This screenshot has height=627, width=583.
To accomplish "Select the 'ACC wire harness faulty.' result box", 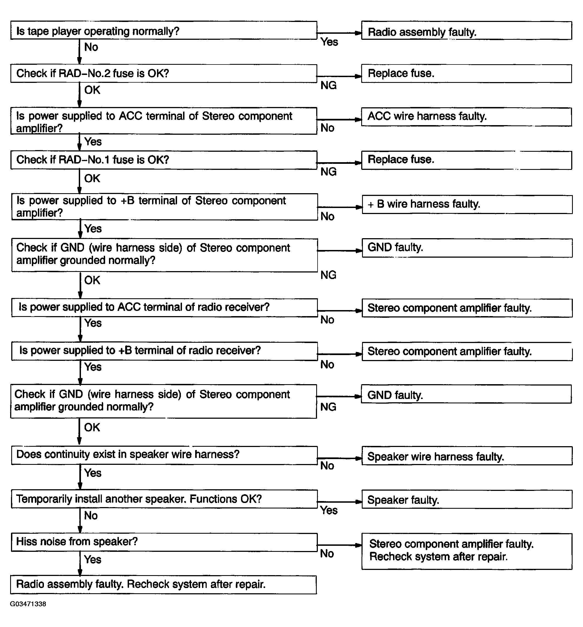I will (466, 117).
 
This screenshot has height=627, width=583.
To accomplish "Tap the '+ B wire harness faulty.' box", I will (467, 204).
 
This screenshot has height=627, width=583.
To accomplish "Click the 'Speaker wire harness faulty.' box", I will (467, 456).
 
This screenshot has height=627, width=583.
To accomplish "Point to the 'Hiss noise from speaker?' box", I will (164, 542).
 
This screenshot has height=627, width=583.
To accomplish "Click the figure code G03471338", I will (28, 604).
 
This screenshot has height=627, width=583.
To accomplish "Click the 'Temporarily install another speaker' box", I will (164, 499).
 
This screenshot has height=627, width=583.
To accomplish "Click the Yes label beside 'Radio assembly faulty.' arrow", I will (329, 42).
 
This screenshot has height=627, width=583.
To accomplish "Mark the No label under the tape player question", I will (91, 47).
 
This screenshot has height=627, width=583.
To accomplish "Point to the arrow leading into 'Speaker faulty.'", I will (340, 502).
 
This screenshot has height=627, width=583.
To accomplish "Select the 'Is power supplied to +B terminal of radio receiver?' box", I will (164, 351).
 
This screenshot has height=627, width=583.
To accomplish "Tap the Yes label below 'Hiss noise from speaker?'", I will (93, 559).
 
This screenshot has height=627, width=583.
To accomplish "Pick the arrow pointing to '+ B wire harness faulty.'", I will (340, 207).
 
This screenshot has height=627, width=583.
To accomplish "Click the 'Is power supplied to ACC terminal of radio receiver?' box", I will (164, 308).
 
